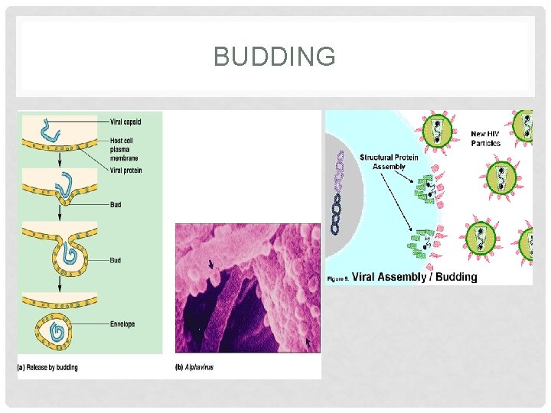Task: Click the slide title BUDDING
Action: tap(275, 56)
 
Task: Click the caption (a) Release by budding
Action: tap(47, 368)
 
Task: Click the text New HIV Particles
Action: tap(486, 138)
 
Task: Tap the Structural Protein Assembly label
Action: tap(390, 161)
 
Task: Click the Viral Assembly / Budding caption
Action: tap(415, 277)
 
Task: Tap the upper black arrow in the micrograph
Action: tap(211, 265)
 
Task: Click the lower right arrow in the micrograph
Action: tap(308, 344)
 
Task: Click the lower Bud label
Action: tap(115, 261)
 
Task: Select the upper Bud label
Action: tap(115, 205)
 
